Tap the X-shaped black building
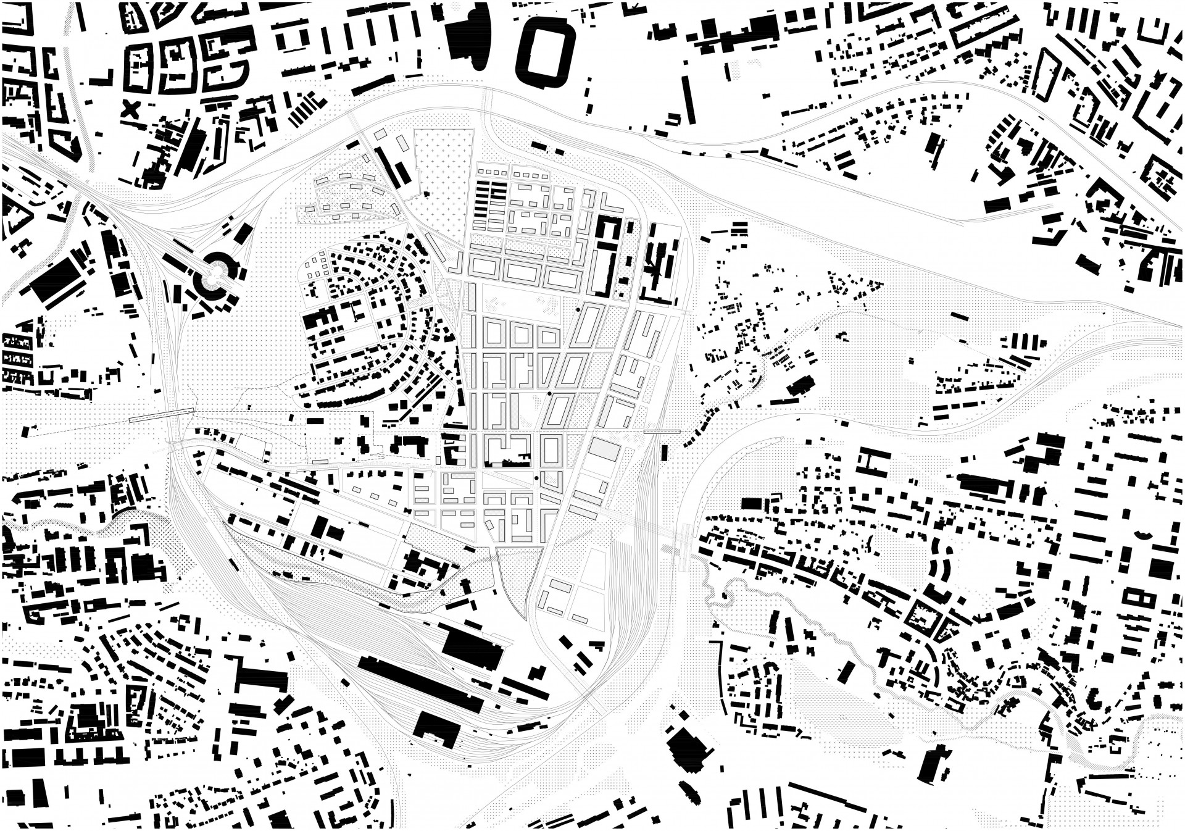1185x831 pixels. pyautogui.click(x=130, y=111)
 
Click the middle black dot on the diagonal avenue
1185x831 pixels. pyautogui.click(x=549, y=393)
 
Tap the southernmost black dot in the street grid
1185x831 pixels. pyautogui.click(x=536, y=478)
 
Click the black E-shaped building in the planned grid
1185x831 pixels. pyautogui.click(x=605, y=256)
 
